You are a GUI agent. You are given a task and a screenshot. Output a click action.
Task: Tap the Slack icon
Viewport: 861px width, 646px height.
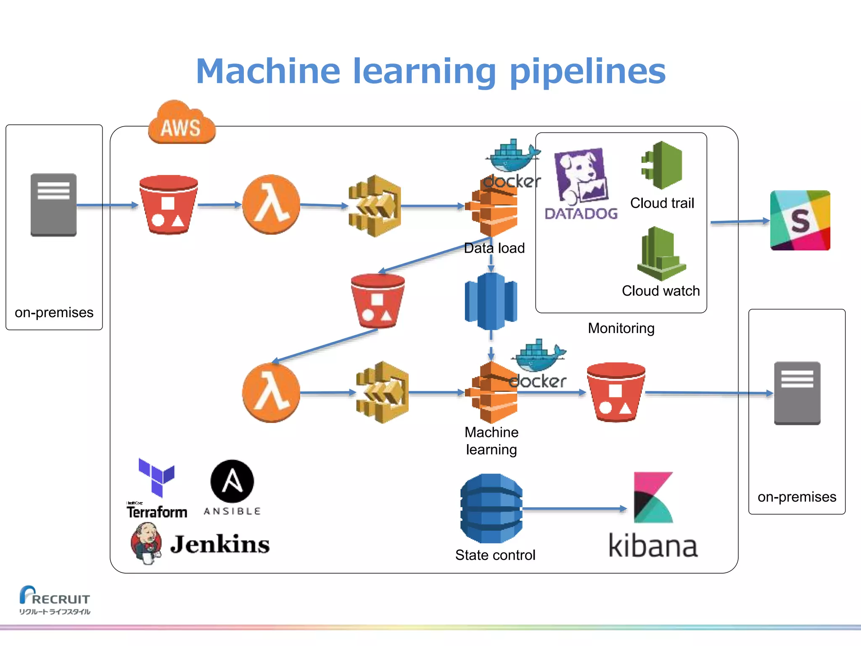800,220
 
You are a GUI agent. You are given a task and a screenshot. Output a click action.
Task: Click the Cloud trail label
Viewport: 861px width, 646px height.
662,203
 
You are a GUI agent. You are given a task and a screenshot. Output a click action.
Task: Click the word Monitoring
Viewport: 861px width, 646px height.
621,328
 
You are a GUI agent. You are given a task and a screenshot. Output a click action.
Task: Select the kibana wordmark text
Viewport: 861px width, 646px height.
653,546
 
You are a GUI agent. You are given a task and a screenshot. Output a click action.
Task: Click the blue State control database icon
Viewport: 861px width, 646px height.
491,508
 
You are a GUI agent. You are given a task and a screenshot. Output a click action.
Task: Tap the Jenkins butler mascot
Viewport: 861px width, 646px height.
146,543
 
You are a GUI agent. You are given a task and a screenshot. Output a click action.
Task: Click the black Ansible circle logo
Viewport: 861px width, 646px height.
232,481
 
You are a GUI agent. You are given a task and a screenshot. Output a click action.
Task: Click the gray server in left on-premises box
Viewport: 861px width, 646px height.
53,205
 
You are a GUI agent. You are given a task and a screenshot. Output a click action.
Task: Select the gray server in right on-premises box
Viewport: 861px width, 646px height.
797,393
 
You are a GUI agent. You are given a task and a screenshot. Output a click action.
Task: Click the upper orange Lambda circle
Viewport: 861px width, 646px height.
271,204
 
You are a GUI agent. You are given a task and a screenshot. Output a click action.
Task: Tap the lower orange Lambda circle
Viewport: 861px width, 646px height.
271,392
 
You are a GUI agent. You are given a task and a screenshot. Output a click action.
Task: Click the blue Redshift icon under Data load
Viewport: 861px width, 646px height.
491,301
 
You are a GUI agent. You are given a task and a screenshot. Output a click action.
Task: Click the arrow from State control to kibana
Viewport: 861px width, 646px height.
574,509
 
